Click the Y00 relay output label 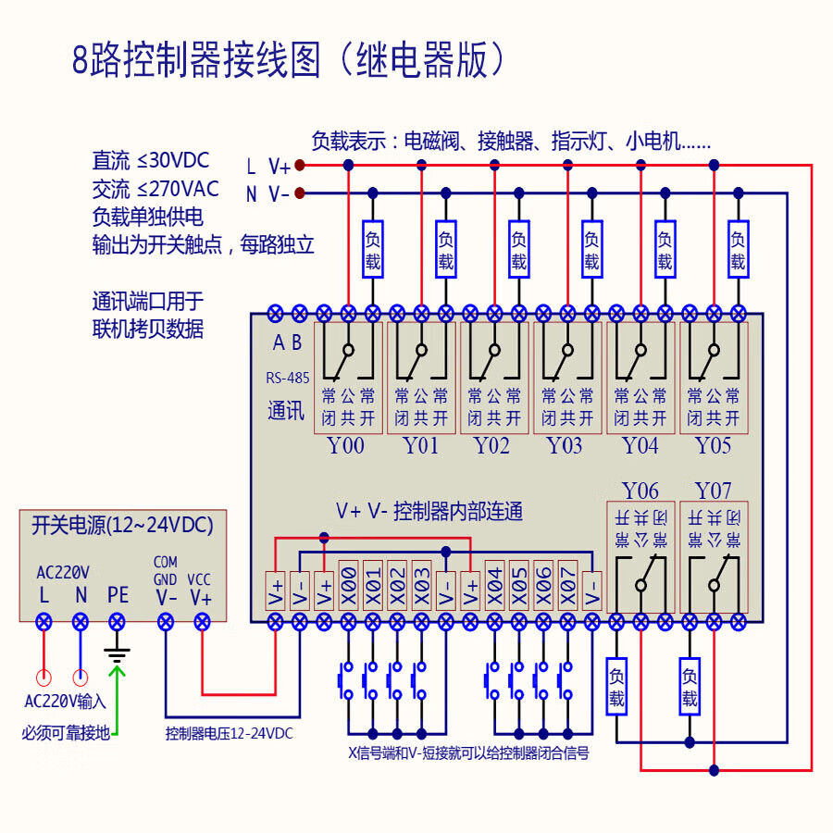coord(346,446)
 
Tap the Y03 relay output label coord(565,446)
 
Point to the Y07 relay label coord(713,491)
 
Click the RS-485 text coord(287,378)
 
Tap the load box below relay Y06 coord(616,686)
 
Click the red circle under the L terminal coord(43,678)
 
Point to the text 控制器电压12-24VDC coord(229,734)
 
